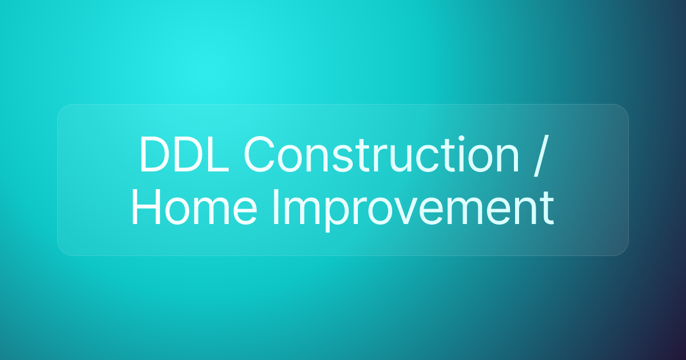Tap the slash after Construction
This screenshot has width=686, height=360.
tap(540, 155)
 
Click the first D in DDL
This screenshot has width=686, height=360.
tap(154, 155)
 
